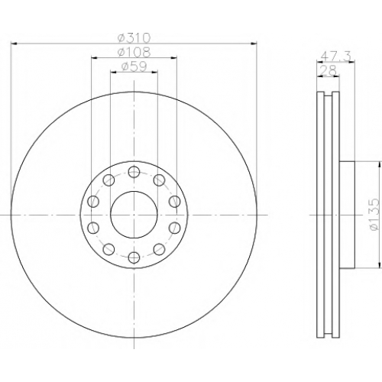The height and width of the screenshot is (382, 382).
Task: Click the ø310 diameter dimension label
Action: (x=134, y=38)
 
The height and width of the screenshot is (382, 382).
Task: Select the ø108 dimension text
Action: (x=134, y=53)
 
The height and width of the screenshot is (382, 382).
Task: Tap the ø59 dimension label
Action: (x=134, y=66)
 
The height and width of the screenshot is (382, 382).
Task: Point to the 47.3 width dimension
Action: (x=336, y=56)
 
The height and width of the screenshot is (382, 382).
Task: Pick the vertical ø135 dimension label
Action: (x=375, y=215)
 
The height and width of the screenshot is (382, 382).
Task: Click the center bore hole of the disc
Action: (x=134, y=215)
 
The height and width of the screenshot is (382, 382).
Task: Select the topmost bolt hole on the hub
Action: (x=134, y=172)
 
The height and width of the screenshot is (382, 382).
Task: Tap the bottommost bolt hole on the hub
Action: (x=134, y=257)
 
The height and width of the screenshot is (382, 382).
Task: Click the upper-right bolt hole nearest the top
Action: (x=159, y=180)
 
